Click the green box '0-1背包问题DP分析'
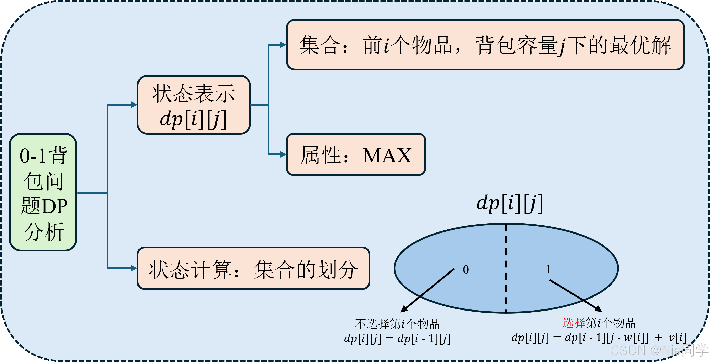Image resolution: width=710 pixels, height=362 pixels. coord(43,192)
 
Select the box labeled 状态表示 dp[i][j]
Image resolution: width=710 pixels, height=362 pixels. coord(194,105)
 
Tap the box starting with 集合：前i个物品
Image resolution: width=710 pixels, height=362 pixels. coord(485,45)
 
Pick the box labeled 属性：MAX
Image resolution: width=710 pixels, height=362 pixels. coord(356,154)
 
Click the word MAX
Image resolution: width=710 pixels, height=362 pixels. coord(387,156)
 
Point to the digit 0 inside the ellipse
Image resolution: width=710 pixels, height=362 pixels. coord(466,269)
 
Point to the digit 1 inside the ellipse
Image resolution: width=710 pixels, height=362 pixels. coord(548,269)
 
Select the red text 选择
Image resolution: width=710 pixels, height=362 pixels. coord(574,323)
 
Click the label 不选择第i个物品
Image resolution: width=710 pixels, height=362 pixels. coord(397,324)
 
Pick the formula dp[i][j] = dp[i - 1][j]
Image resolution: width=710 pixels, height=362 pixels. coord(397,339)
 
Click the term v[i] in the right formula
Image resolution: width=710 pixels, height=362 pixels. coord(677,338)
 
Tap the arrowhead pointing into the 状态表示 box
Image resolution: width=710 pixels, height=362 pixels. coord(134,105)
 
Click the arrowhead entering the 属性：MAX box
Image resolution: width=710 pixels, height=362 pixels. coord(283,154)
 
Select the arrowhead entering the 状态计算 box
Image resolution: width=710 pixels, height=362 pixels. coord(134,268)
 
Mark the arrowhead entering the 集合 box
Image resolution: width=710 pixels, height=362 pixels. coord(283,45)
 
